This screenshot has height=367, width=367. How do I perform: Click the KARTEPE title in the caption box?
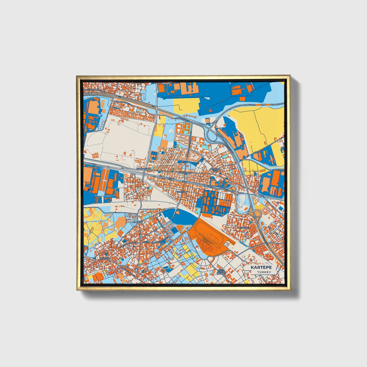tap(261, 267)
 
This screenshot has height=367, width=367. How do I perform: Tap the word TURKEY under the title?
tap(264, 272)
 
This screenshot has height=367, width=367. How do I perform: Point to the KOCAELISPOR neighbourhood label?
tap(144, 169)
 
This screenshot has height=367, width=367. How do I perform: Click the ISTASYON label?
tap(182, 192)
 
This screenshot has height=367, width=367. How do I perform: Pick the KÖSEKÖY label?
tap(104, 258)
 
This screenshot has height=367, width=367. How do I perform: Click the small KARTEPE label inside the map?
tap(138, 222)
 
